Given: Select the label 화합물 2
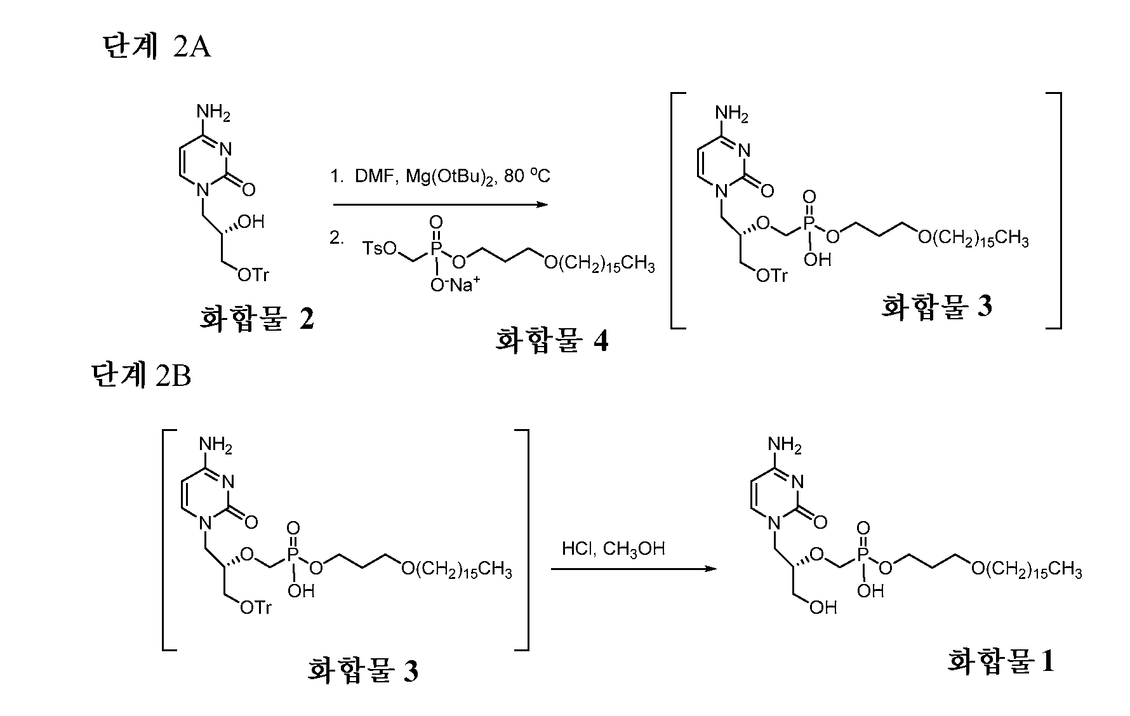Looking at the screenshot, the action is pos(257,318).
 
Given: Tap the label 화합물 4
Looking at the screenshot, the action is pos(552,340).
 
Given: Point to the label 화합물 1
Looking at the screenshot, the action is pos(1001,661).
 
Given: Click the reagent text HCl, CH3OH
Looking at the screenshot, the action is pos(613,548).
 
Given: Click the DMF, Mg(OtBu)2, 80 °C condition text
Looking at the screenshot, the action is pos(439,176).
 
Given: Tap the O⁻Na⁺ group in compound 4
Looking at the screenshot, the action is pos(455,285).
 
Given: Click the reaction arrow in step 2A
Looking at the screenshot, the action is pos(440,204).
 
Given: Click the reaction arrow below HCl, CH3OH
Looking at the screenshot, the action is pos(633,569).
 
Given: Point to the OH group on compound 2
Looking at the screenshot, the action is pos(250,222).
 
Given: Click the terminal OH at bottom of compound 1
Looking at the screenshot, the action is pos(823,607).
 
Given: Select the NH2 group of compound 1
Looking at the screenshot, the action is pos(785,445).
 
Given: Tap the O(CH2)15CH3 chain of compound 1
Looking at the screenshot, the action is pos(1026,569).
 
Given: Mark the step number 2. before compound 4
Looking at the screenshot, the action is pos(336,238).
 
